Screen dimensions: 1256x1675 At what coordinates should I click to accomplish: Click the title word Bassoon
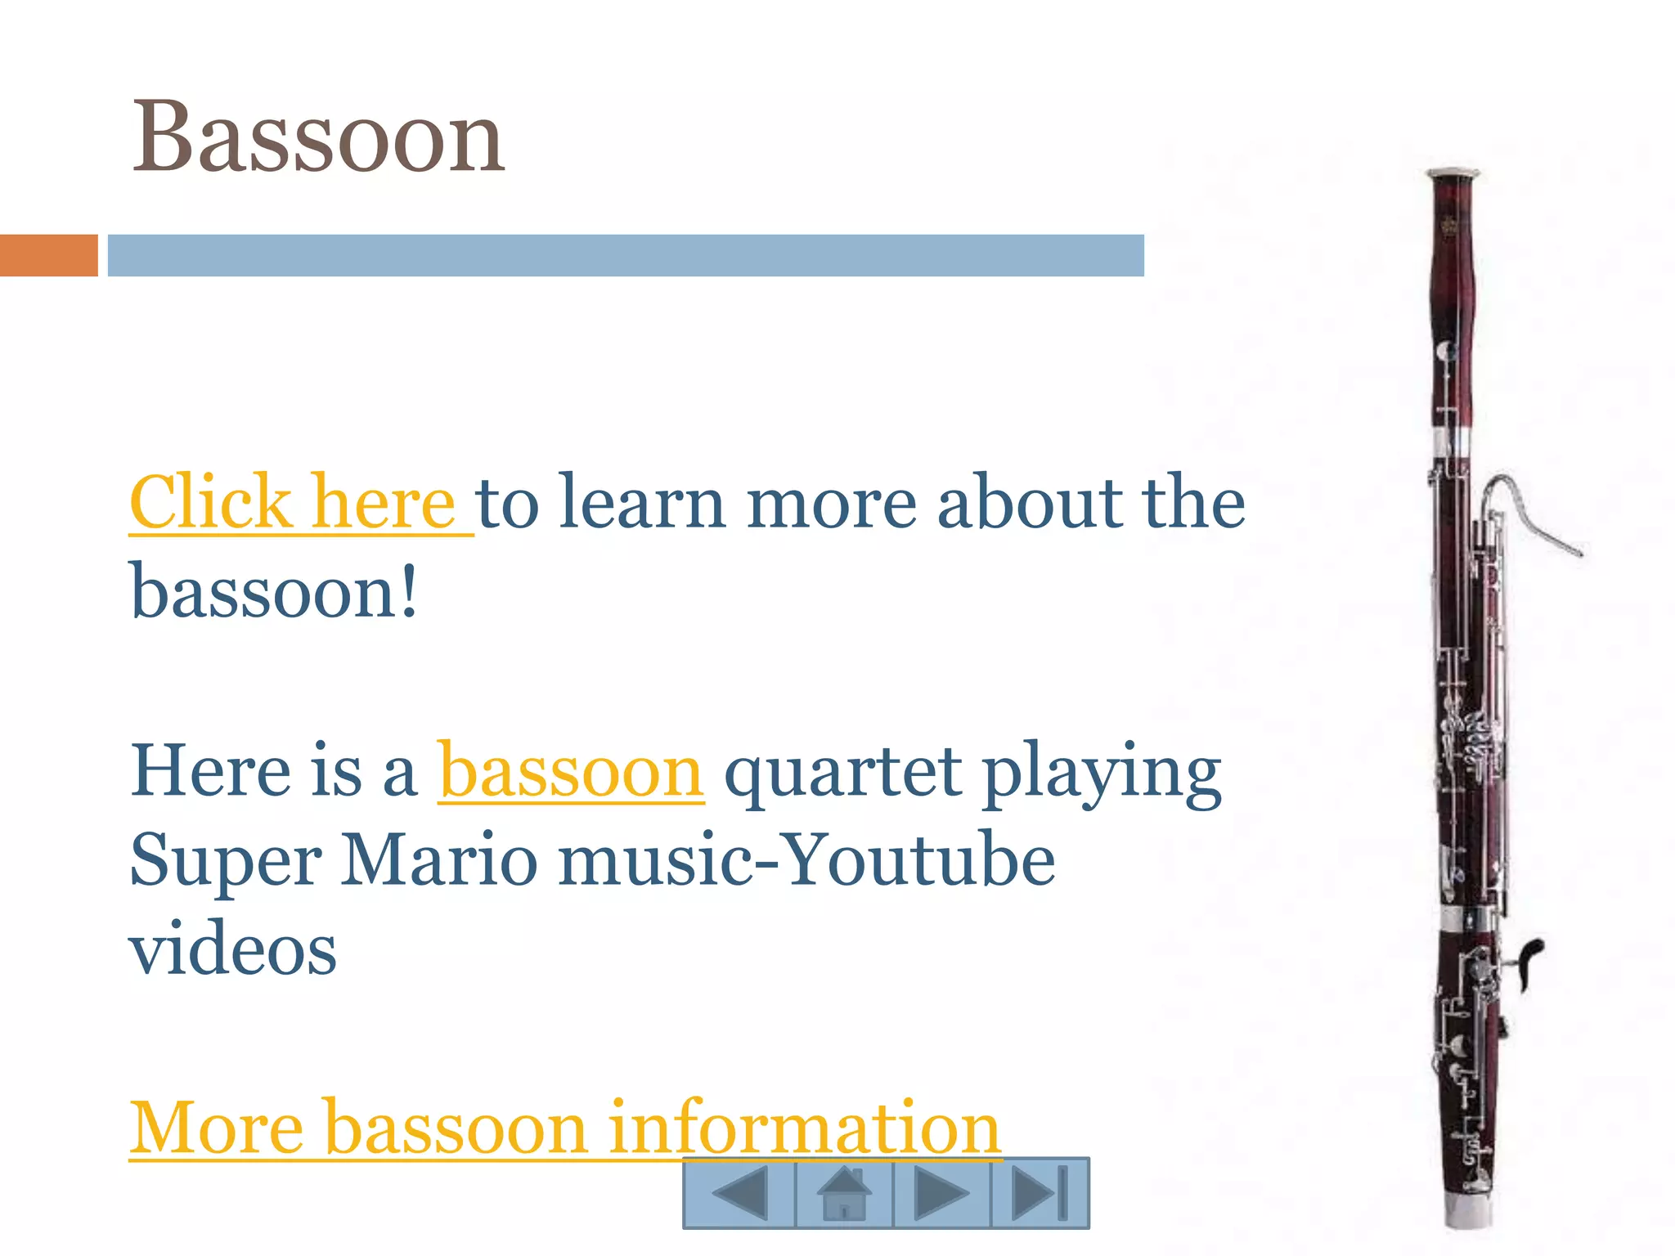pos(318,137)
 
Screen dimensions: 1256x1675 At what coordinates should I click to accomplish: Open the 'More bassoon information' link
pos(564,1128)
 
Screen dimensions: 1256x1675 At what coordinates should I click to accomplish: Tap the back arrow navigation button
pos(739,1193)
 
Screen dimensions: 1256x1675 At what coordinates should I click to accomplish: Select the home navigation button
pos(844,1193)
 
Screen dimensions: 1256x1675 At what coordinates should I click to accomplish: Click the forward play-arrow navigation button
pos(941,1193)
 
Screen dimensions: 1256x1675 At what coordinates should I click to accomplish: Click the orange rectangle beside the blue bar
pos(48,255)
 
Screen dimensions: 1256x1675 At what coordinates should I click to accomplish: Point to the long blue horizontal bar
pos(626,255)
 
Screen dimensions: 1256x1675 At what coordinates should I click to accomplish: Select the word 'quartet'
pos(842,773)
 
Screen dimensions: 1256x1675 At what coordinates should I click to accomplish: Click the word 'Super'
pos(226,863)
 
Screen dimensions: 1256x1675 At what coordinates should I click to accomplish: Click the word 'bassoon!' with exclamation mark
pos(274,592)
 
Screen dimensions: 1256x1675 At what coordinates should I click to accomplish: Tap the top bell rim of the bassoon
pos(1453,173)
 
